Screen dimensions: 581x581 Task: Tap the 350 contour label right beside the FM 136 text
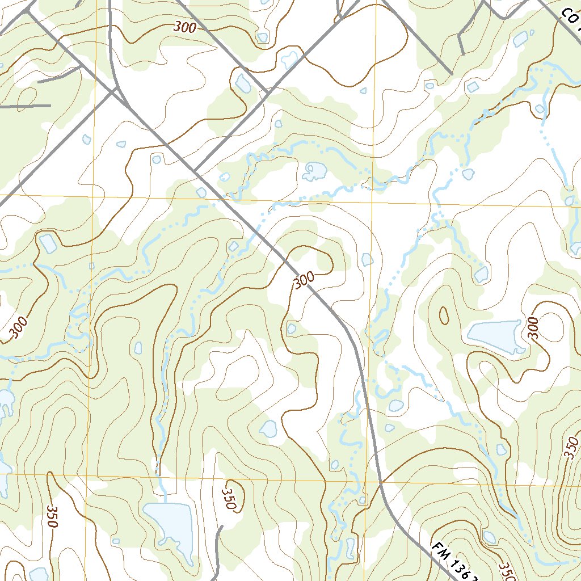tap(505, 570)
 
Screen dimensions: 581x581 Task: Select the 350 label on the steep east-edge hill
tap(571, 449)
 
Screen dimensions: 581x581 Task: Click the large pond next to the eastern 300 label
tap(494, 335)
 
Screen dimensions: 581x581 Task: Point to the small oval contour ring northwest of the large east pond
tap(443, 314)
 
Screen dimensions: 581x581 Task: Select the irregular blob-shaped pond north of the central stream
tap(314, 170)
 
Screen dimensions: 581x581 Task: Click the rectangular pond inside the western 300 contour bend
tap(48, 243)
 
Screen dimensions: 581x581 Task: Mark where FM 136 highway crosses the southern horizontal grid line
tap(379, 481)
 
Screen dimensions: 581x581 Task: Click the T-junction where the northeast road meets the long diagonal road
tap(196, 170)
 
